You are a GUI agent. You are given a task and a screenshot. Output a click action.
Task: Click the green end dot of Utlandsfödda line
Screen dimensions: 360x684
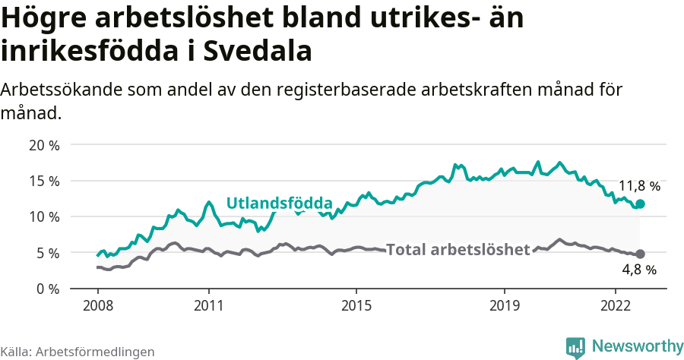640,204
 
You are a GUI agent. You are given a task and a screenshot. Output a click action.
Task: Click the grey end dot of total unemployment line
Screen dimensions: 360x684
640,254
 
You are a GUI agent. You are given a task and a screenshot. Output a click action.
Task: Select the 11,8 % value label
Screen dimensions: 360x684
639,185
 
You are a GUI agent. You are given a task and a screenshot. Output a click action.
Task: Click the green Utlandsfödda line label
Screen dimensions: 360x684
280,203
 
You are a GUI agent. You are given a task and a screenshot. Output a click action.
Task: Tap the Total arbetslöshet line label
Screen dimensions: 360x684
458,249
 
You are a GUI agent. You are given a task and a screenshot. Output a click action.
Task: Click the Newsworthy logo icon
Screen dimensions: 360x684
575,346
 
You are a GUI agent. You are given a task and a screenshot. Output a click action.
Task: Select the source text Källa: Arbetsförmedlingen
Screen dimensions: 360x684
78,352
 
